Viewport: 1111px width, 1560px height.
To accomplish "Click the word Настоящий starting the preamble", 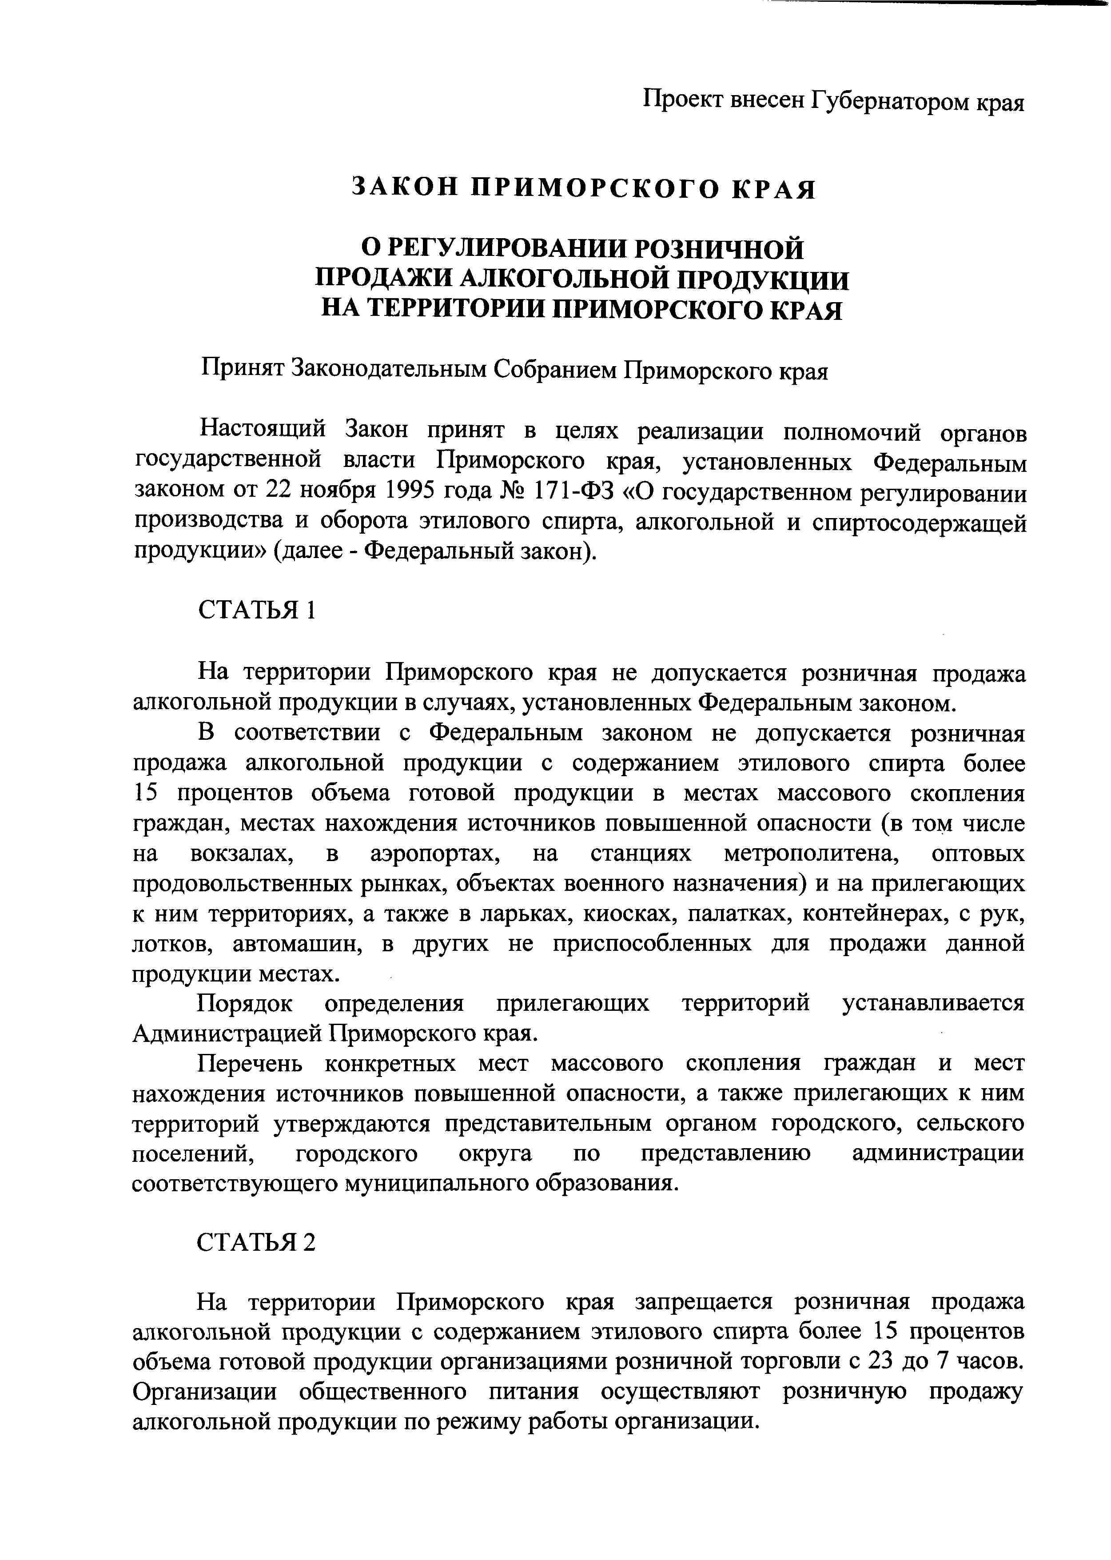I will point(259,431).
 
